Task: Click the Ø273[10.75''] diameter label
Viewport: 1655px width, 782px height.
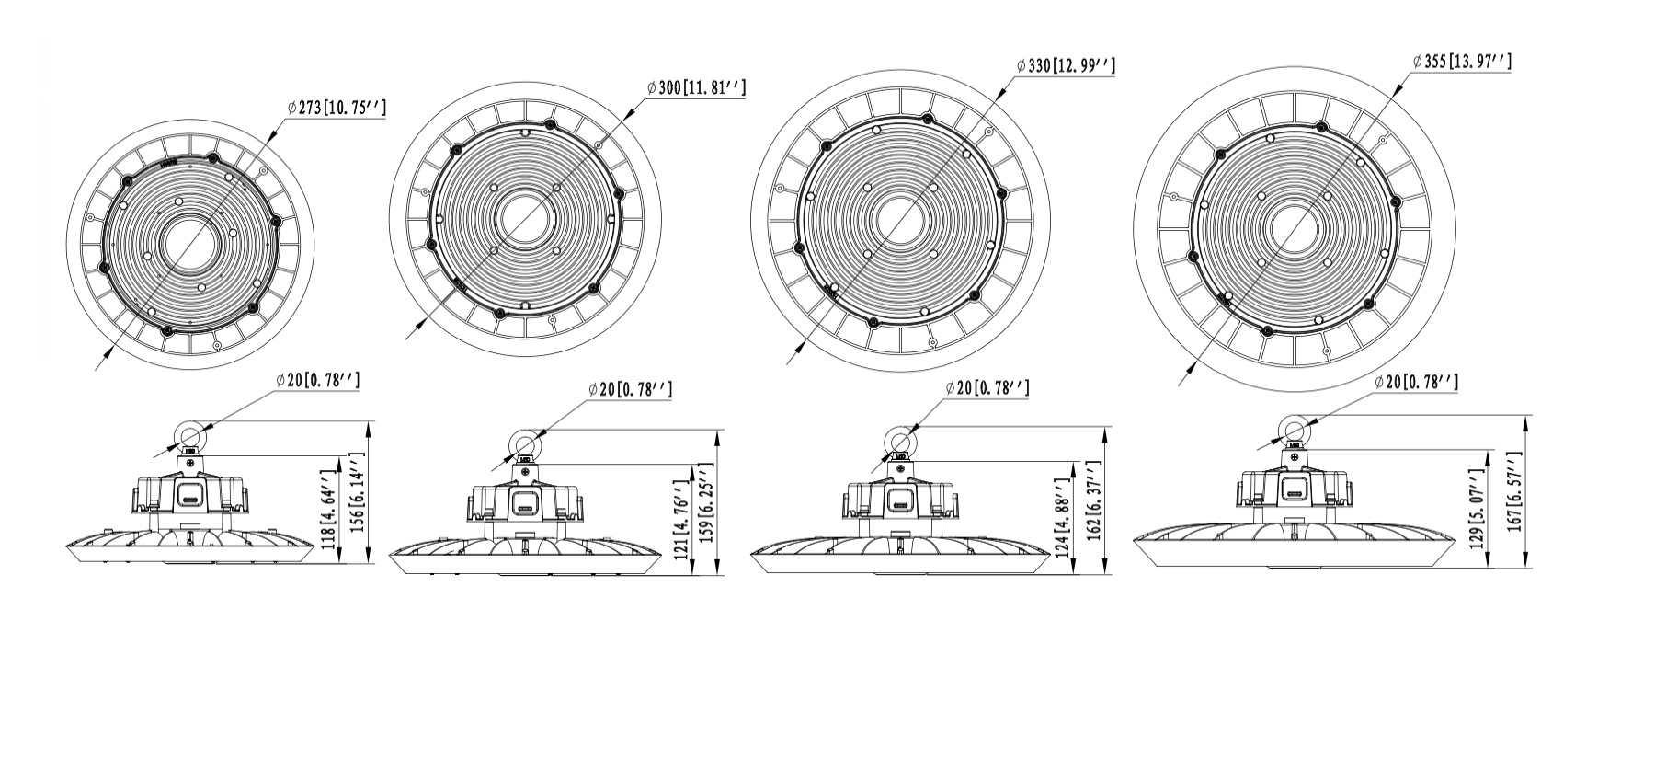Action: pos(337,109)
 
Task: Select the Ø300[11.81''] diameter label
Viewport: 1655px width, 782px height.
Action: pos(696,87)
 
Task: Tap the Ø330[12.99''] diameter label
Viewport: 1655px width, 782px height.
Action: pos(1066,65)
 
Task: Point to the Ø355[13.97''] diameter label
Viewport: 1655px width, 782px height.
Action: pos(1462,62)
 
